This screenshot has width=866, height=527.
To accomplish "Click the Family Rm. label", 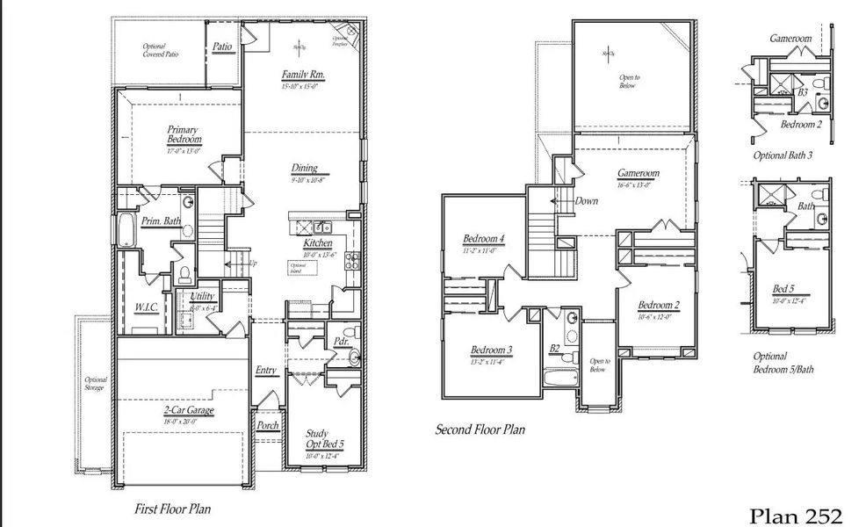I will point(303,76).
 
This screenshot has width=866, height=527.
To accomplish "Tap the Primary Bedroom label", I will point(184,134).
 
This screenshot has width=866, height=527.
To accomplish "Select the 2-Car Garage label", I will point(189,410).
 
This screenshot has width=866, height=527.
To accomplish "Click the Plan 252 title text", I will point(797,514).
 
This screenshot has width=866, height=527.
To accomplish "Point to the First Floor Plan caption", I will point(172,508).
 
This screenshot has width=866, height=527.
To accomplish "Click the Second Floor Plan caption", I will point(480,430).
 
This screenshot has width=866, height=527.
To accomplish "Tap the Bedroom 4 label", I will point(483,239).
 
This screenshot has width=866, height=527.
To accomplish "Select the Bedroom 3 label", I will point(491,350).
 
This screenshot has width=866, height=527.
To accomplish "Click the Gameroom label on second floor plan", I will point(638,173).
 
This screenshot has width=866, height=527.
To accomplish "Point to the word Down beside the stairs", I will point(586,201).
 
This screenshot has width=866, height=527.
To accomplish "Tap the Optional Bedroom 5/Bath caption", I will point(783,363).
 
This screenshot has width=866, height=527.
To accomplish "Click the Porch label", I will point(267,425).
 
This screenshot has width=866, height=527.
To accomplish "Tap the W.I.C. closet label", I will point(146,307).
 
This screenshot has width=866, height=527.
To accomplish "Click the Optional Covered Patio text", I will point(160,50).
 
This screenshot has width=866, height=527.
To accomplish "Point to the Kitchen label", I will point(317,243).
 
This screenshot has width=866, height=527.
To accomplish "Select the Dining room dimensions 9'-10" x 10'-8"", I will point(308,179).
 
